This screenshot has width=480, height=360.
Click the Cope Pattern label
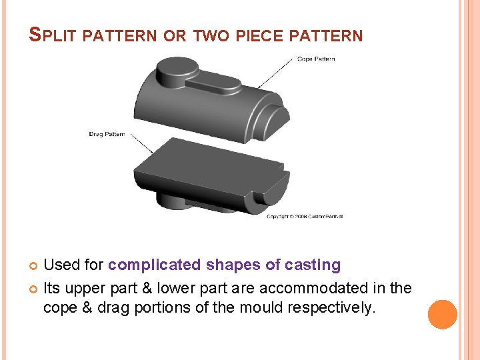pos(316,59)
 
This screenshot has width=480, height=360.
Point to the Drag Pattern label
pos(107,134)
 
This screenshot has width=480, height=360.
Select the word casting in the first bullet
pos(313,265)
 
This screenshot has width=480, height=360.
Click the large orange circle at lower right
pos(442,314)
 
